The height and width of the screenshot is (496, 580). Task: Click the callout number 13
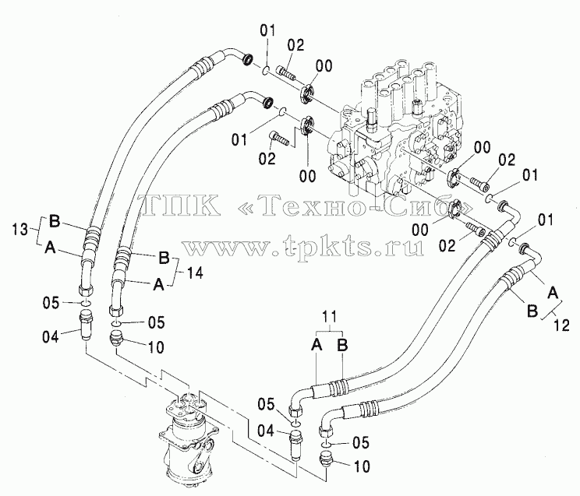pos(19,230)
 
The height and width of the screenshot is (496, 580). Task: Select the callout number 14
pos(194,273)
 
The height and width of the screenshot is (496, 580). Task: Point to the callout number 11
pos(329,317)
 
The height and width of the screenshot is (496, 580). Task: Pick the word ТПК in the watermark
pos(179,205)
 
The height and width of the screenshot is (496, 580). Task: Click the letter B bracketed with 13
pos(55,221)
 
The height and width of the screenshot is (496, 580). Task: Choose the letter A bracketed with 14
pos(158,284)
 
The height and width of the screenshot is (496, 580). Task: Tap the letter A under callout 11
pos(317,345)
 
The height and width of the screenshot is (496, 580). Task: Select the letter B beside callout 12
pos(532,311)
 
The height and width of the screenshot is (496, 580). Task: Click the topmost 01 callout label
pos(267,30)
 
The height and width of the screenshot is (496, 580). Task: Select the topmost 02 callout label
pos(296,45)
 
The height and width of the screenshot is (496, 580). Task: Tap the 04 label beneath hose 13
pos(51,336)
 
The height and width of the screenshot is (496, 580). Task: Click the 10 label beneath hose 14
pos(156,347)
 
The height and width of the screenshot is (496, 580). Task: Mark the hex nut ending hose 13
pos(87,290)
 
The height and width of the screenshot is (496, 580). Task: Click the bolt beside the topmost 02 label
pos(287,72)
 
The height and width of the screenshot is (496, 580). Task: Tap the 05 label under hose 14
pos(156,322)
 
